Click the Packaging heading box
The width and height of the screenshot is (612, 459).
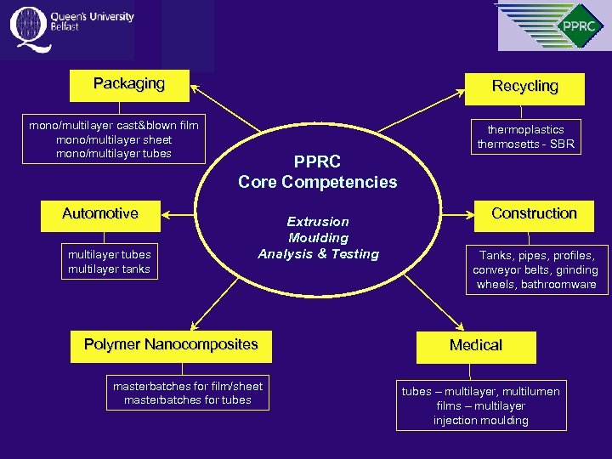point(129,84)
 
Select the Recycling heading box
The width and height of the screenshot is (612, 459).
point(524,87)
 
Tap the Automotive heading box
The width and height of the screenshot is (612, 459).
point(100,214)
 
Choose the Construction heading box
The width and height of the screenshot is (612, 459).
point(534,214)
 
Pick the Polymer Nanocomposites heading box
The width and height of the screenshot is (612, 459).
point(171,345)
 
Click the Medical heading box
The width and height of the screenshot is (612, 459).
point(476,346)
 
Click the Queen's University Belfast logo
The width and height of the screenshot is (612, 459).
point(71,25)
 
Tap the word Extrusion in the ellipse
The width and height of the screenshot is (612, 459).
point(318,222)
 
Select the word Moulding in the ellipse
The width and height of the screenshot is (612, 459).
point(318,238)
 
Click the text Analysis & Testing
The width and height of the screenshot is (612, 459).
point(318,254)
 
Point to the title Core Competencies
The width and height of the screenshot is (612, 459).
point(318,182)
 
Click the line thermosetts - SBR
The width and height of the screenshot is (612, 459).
point(525,144)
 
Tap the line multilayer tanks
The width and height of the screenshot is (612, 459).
point(109,269)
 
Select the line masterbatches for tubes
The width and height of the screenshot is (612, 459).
point(188,400)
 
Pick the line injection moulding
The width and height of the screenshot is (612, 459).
point(480,421)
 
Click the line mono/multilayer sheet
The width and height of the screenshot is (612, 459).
point(113,139)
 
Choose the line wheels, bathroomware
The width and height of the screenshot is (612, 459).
point(536,285)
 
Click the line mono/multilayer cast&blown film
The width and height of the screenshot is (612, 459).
point(113,125)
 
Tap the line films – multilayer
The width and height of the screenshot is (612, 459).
point(480,406)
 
